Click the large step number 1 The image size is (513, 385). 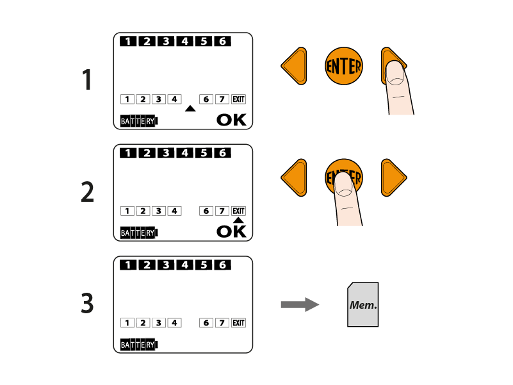[x=86, y=79]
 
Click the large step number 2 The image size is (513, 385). [x=87, y=192]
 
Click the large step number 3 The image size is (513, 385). [x=87, y=303]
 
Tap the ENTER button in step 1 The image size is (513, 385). [x=344, y=66]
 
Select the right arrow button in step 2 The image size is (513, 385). [x=394, y=178]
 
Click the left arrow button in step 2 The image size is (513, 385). [x=294, y=178]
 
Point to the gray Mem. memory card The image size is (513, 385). [x=363, y=304]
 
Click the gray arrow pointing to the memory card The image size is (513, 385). [x=300, y=305]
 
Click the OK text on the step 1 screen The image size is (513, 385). [x=231, y=120]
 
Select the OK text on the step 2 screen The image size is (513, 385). [x=231, y=231]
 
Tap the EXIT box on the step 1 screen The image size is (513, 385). [x=238, y=99]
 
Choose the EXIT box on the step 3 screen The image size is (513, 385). [x=238, y=323]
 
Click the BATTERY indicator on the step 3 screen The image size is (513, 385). [x=139, y=345]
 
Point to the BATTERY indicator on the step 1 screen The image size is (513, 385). [x=139, y=121]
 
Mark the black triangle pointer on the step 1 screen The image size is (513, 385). [x=190, y=109]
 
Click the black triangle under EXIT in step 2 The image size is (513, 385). [x=238, y=220]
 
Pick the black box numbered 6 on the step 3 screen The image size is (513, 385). [x=222, y=265]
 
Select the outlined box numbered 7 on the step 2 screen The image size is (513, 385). [x=222, y=211]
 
